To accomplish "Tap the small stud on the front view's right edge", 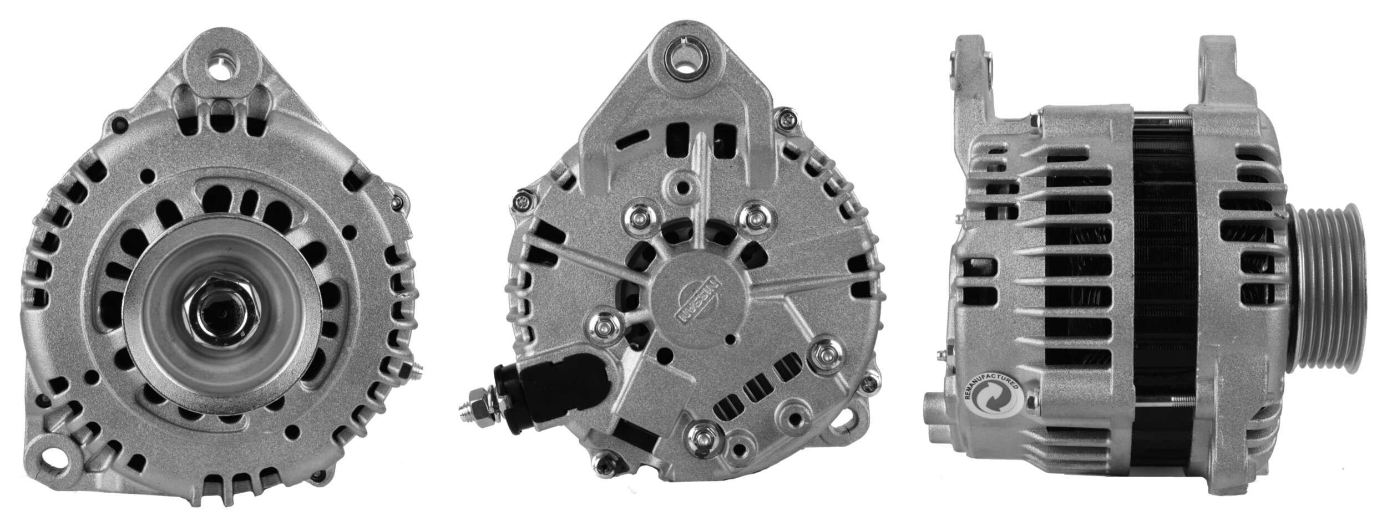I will (415, 371).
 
